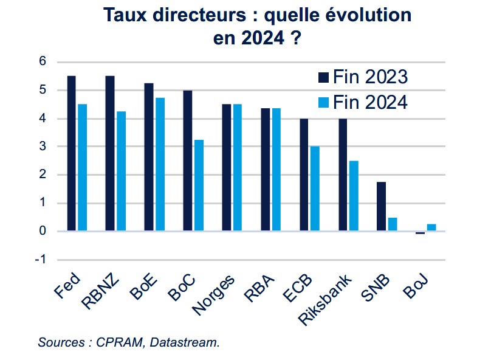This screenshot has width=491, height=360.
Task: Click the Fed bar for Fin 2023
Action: coord(71,153)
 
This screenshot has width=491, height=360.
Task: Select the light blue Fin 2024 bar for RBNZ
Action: coord(121,171)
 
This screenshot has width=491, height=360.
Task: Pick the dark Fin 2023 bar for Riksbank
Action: coord(343,175)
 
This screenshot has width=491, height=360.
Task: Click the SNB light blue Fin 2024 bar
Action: coord(393,224)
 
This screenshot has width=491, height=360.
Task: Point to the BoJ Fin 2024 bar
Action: coord(431,227)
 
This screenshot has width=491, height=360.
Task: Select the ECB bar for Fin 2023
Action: coord(304,175)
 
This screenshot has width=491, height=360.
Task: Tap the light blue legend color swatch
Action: coord(323,102)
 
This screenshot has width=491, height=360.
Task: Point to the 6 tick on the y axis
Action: coord(43,61)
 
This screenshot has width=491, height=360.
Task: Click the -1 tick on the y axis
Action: coord(41,260)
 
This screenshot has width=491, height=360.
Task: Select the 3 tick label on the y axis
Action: coord(43,147)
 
